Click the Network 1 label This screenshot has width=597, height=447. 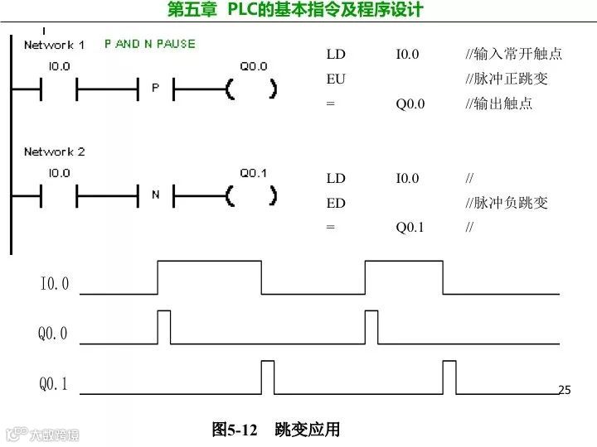click(x=54, y=44)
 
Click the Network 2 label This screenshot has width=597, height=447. click(x=54, y=151)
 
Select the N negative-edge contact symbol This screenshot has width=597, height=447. click(x=155, y=195)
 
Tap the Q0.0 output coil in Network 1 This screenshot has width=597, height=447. click(x=251, y=88)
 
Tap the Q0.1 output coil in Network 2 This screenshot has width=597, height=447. click(x=251, y=195)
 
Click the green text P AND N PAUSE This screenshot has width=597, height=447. click(x=149, y=43)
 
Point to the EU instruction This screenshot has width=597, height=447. click(x=336, y=79)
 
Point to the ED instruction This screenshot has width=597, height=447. click(x=336, y=203)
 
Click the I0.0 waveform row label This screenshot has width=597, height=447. click(x=55, y=285)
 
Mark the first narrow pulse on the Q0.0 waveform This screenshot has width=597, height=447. click(x=164, y=326)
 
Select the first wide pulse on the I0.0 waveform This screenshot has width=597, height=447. click(x=210, y=276)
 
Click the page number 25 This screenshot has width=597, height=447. click(x=565, y=390)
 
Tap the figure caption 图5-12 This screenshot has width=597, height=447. click(x=235, y=430)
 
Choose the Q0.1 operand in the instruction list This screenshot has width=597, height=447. click(x=410, y=227)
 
